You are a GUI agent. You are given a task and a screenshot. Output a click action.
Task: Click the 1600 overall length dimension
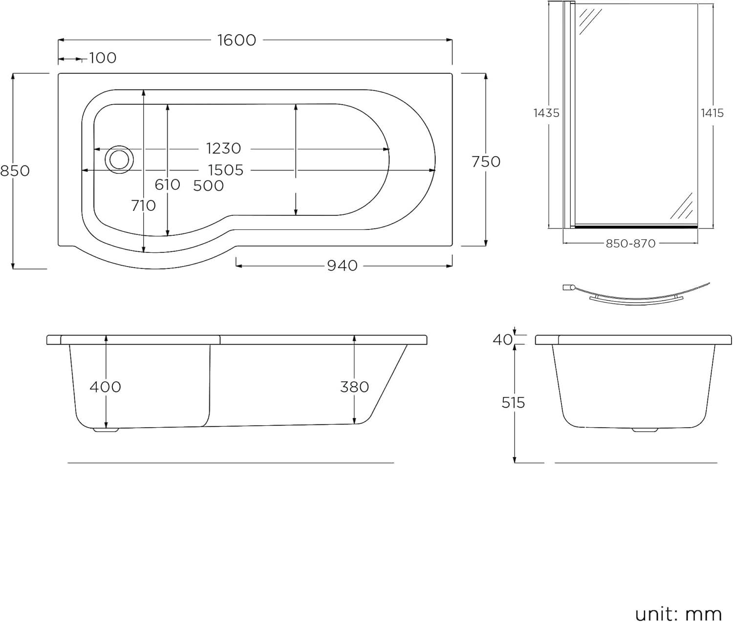237,40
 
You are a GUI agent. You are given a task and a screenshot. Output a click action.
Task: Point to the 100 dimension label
103,58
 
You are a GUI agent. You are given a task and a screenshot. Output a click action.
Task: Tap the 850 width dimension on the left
15,171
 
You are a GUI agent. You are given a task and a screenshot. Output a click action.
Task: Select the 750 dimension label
486,162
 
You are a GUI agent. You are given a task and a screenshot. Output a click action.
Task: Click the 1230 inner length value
223,148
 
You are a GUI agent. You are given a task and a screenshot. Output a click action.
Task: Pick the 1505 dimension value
225,170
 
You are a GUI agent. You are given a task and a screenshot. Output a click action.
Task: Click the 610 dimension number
168,185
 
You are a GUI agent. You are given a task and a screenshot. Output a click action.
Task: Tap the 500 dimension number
208,186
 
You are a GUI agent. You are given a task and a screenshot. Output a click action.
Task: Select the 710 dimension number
143,206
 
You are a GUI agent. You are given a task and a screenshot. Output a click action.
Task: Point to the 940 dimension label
342,266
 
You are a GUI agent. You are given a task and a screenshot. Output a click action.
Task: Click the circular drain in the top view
118,159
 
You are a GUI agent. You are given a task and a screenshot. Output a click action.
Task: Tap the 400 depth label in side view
105,387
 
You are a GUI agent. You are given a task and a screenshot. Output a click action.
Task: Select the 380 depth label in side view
354,387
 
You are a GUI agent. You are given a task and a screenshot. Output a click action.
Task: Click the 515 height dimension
513,403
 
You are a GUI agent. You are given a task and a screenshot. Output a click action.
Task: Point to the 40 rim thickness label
502,339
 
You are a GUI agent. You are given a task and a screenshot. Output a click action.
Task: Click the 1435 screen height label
546,113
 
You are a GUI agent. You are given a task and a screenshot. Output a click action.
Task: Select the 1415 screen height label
712,113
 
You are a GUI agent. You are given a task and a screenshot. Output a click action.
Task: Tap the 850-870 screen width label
630,243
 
